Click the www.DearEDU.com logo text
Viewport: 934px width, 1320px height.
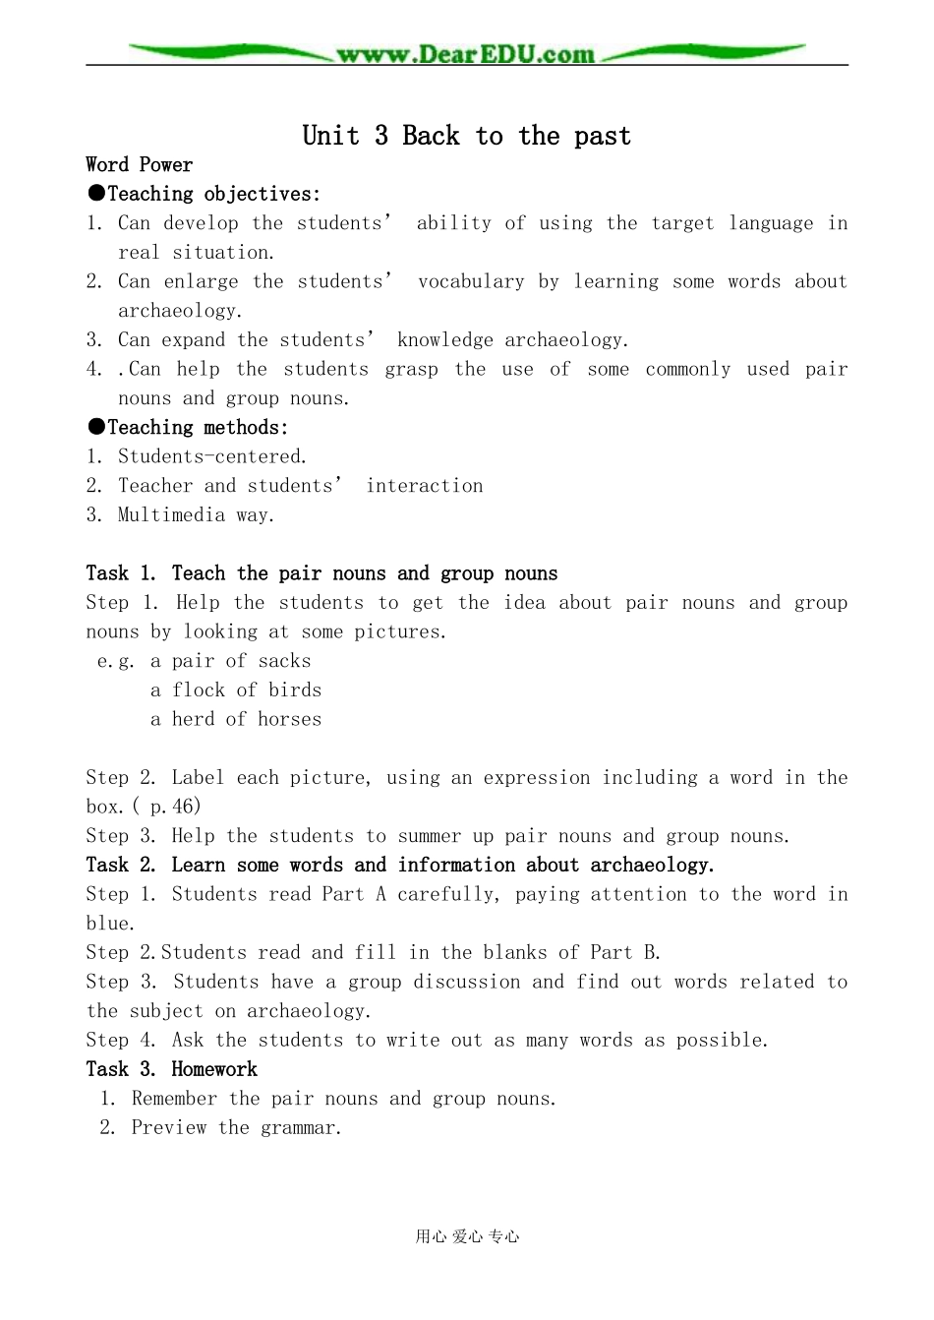tap(465, 55)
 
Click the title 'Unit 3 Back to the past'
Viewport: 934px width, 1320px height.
tap(466, 136)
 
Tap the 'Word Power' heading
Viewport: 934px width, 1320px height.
tap(139, 165)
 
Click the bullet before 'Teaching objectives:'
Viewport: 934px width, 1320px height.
tap(95, 194)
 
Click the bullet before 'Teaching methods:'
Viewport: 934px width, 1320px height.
tap(95, 427)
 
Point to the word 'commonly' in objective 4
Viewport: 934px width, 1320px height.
tap(687, 369)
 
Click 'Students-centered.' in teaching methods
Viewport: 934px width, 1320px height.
tap(212, 456)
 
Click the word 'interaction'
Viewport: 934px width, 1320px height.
tap(424, 486)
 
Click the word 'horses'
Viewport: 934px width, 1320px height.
tap(289, 719)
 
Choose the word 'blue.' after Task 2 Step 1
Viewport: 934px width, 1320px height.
tap(110, 924)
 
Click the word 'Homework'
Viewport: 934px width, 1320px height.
tap(213, 1069)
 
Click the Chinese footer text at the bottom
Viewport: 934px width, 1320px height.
tap(467, 1237)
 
